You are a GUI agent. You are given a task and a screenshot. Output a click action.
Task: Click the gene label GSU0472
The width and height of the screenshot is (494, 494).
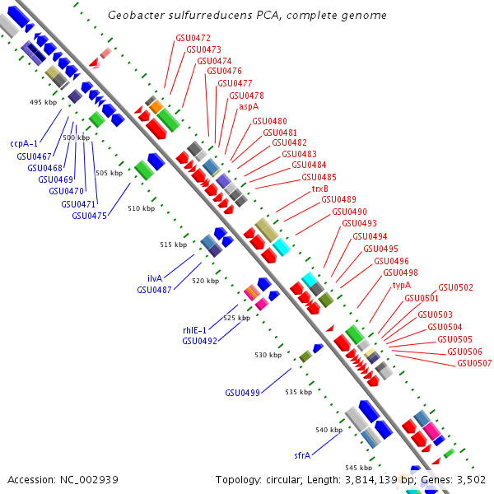point(193,38)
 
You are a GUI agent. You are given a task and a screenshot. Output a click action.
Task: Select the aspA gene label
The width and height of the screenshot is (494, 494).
point(249,106)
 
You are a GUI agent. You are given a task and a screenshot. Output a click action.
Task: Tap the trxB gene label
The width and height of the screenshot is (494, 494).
point(319,189)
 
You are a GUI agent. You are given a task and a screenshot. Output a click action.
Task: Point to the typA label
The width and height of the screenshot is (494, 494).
point(401,285)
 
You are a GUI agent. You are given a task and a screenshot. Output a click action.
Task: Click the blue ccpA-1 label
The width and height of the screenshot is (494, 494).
point(24,143)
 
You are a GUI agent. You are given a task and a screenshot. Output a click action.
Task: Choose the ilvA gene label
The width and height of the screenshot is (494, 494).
point(155,278)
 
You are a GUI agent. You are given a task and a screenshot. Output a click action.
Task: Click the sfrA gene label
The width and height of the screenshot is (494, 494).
point(302,454)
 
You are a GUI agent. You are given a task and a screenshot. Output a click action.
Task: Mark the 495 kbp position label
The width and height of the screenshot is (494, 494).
point(42,103)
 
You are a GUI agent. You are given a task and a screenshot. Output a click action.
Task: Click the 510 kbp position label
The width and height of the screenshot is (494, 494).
point(141,208)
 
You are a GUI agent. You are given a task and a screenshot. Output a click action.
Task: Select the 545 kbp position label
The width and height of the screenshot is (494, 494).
point(359,468)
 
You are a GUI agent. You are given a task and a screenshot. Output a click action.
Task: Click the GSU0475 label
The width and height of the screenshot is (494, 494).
point(89,216)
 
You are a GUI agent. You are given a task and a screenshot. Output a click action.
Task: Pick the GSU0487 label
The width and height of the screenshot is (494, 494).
point(154,290)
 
